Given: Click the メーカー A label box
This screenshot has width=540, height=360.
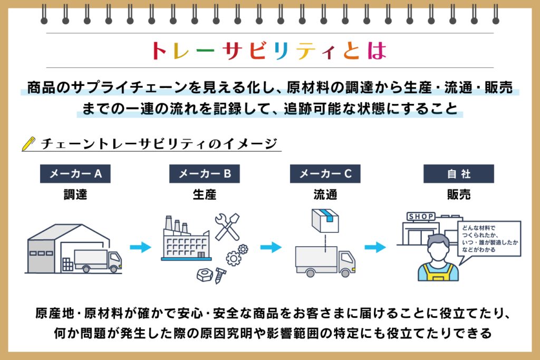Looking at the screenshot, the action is (x=75, y=174).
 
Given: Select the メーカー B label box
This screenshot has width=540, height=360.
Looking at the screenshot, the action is (x=205, y=174).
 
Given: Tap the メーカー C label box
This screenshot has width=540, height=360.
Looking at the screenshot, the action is (x=325, y=174).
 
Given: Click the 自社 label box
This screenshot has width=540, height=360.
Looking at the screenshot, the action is (x=459, y=174).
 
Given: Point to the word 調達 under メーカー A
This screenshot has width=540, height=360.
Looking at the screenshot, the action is (x=75, y=195).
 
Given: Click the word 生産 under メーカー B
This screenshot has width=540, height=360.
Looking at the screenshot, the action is (x=205, y=195).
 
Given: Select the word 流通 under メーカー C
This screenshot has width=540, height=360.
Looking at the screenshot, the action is (x=325, y=195).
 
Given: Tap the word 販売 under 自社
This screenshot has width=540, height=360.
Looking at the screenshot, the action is (x=459, y=195).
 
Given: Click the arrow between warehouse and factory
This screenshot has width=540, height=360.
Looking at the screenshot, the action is (x=140, y=247).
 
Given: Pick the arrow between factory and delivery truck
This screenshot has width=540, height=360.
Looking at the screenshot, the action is (x=271, y=247).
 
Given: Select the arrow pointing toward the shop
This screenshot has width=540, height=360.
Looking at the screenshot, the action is (x=375, y=247).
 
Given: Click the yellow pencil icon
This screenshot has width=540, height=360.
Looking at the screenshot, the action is (x=28, y=144).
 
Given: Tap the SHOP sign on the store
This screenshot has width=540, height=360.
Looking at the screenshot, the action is (x=421, y=217).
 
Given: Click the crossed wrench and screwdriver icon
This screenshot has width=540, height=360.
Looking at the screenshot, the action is (x=227, y=227).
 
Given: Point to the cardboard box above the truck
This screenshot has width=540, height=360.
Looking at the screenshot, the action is (x=325, y=221).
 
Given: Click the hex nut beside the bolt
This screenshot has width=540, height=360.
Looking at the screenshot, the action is (x=204, y=275).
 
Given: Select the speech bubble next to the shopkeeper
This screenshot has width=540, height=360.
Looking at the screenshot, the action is (x=489, y=239).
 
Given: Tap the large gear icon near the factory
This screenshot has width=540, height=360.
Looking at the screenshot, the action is (x=234, y=258).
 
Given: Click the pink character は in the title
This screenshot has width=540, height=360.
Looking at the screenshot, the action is (x=377, y=51).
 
